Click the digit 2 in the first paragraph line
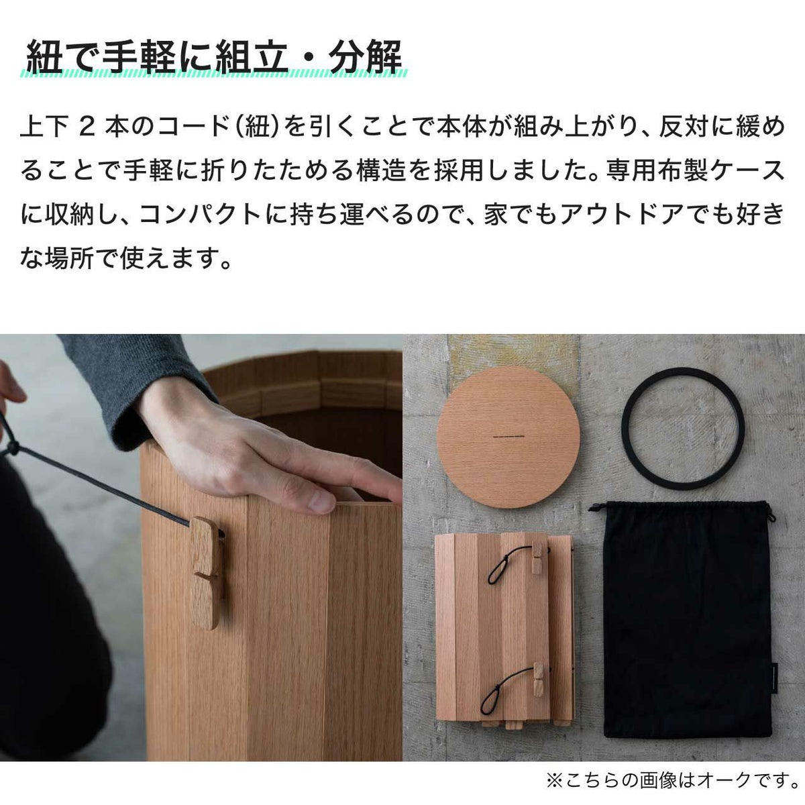[x=86, y=128]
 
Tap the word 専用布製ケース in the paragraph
[x=695, y=171]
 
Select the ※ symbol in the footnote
[x=556, y=780]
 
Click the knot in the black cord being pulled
[x=13, y=448]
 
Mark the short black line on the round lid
[x=508, y=437]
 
